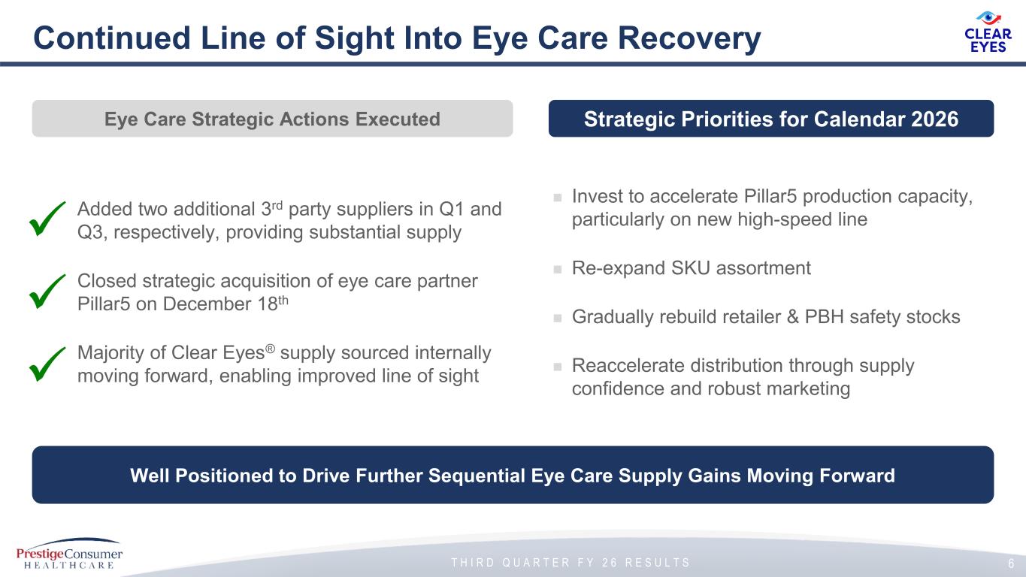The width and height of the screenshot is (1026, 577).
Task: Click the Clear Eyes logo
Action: pos(988,32)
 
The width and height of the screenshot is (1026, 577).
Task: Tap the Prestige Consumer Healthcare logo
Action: pos(69,554)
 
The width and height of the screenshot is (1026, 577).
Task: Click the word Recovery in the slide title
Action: pos(689,38)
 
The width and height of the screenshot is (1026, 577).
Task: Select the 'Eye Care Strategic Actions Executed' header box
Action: pos(273,119)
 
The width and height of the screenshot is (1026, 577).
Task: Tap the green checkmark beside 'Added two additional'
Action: pos(47,219)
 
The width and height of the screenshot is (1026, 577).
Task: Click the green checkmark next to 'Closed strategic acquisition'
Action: pos(47,292)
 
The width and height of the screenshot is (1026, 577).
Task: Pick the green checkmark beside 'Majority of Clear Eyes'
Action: pos(47,364)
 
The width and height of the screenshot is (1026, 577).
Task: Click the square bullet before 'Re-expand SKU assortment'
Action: pos(558,269)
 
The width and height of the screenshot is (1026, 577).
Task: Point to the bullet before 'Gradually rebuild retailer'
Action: pos(558,318)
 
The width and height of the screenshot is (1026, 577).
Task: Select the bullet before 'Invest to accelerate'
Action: pos(558,198)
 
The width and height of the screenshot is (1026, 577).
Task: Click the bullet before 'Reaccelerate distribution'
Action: pos(558,367)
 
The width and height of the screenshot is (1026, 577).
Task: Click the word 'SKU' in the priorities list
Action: pos(690,268)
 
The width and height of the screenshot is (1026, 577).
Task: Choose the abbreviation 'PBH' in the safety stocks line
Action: pos(824,317)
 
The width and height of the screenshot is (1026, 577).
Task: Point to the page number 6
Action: pos(1011,563)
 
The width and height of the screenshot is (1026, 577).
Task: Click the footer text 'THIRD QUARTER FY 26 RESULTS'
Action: pos(571,562)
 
